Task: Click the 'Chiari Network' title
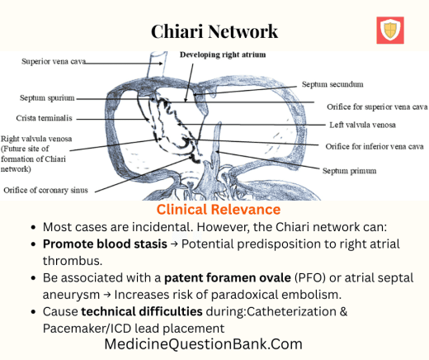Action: click(214, 31)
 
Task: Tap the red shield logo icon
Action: click(389, 31)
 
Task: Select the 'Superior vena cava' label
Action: click(54, 61)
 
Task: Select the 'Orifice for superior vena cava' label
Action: click(375, 107)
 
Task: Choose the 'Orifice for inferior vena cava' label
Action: click(375, 146)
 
